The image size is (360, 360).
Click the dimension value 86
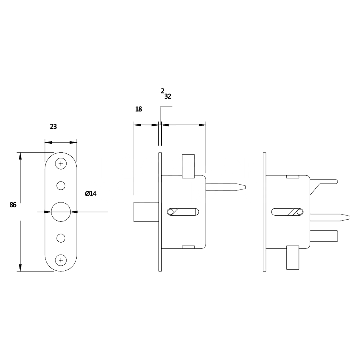13,205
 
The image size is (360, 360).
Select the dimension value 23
53,127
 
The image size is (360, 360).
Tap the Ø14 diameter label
91,194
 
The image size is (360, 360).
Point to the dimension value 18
139,109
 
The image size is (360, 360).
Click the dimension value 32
168,96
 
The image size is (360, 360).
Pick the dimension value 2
162,91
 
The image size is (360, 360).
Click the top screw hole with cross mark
61,164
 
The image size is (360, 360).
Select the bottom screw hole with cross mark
61,260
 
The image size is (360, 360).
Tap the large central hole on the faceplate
60,212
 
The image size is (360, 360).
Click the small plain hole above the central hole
61,185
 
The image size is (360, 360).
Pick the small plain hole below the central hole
61,238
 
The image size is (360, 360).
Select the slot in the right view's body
287,212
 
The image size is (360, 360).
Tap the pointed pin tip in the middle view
244,186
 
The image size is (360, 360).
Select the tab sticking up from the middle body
188,166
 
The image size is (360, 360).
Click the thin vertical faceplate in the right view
265,212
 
